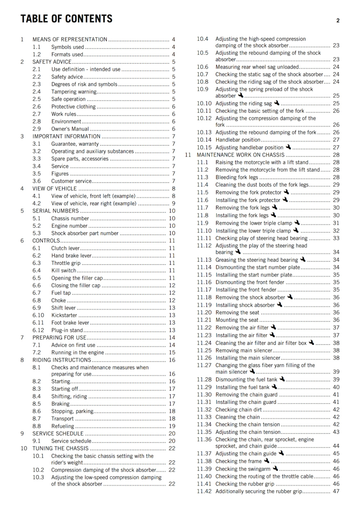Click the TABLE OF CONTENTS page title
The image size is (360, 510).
tap(66, 19)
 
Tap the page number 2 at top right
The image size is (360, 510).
tap(338, 21)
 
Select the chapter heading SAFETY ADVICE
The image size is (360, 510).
tap(52, 62)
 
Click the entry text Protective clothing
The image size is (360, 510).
tap(73, 107)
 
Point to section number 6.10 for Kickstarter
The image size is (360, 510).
tap(38, 315)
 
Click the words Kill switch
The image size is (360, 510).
tap(64, 271)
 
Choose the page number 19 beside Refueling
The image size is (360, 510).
tap(172, 426)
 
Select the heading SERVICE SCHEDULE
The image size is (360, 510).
tap(58, 433)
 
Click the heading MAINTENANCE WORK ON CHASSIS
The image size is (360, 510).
tap(241, 155)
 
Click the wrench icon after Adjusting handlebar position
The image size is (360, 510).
tap(288, 147)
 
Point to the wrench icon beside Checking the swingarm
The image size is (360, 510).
tap(276, 468)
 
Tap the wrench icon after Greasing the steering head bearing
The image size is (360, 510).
tap(303, 259)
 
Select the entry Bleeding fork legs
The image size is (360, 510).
tap(237, 178)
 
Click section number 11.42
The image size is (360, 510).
tap(204, 492)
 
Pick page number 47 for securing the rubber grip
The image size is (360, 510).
tap(336, 492)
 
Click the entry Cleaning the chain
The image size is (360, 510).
tap(238, 417)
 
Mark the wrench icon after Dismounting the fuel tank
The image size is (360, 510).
tap(282, 379)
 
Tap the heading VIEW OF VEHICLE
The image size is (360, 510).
tap(54, 189)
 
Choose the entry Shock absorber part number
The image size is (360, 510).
tap(85, 233)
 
